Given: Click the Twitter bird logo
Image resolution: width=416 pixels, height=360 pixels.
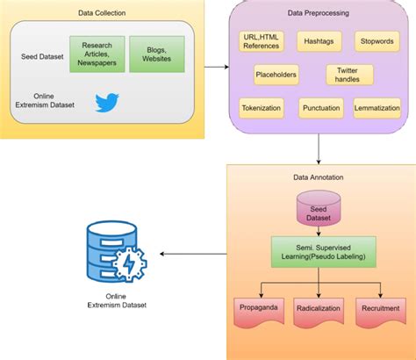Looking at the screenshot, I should [x=107, y=102].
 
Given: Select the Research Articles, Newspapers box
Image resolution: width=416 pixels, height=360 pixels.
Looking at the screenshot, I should [x=97, y=54].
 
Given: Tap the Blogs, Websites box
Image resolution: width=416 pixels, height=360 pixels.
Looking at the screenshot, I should [x=156, y=54].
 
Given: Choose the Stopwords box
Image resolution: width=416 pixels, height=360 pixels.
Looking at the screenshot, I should [x=377, y=41].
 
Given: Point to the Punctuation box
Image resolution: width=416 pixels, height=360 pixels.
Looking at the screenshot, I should [x=321, y=108].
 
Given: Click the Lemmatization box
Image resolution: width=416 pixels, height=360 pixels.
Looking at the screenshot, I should [x=377, y=108].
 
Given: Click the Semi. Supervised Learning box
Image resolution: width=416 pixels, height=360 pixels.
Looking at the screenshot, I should [x=322, y=251].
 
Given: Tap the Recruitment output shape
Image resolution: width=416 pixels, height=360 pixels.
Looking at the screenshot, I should [x=380, y=309].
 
